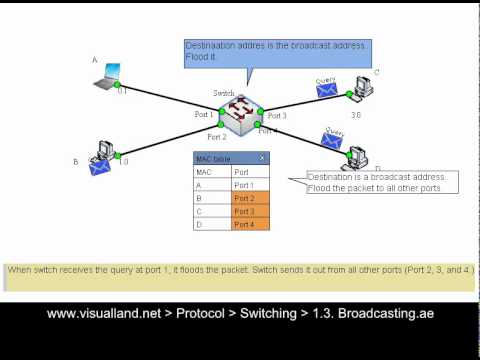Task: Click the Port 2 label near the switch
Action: tap(217, 136)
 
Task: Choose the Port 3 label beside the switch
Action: tap(277, 116)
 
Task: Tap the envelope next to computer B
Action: tap(99, 168)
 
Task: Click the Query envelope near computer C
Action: tap(326, 91)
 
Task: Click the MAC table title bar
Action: tap(225, 158)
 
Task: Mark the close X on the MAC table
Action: tap(262, 158)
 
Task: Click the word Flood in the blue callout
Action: tap(197, 58)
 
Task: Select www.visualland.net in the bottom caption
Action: tap(99, 313)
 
